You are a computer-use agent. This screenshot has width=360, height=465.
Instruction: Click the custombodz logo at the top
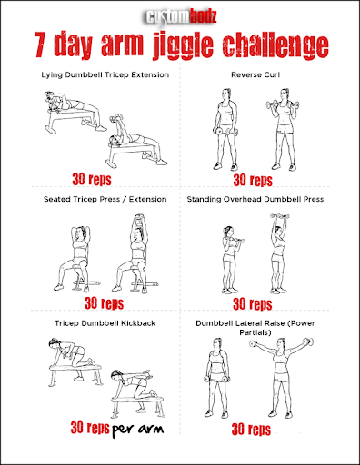pyautogui.click(x=180, y=15)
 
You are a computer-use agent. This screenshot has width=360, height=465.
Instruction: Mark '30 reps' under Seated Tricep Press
pyautogui.click(x=104, y=303)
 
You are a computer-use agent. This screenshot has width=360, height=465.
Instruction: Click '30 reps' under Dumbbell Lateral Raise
pyautogui.click(x=252, y=428)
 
